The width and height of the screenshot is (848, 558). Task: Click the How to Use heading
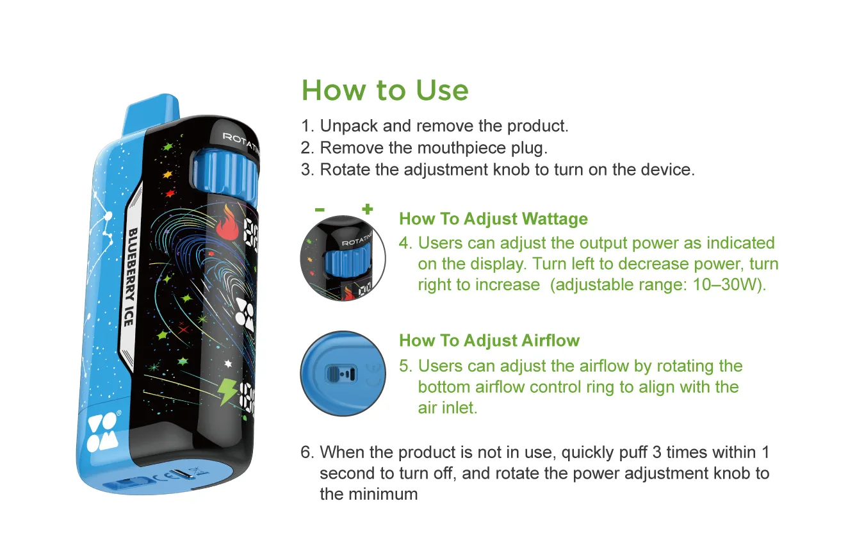click(x=385, y=90)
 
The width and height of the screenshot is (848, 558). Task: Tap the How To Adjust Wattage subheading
click(x=493, y=219)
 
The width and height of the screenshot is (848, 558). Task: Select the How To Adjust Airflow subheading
click(x=489, y=340)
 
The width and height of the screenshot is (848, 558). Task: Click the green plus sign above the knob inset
click(x=367, y=209)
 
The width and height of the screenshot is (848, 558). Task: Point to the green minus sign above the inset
click(x=320, y=209)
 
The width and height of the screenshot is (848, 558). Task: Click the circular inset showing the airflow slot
click(x=343, y=373)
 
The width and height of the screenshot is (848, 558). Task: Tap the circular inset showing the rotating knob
click(x=343, y=259)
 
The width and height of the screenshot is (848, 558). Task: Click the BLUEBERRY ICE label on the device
click(x=128, y=277)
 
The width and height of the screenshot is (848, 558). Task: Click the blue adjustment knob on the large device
click(x=225, y=172)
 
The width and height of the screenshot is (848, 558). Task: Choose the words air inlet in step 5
click(x=447, y=407)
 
